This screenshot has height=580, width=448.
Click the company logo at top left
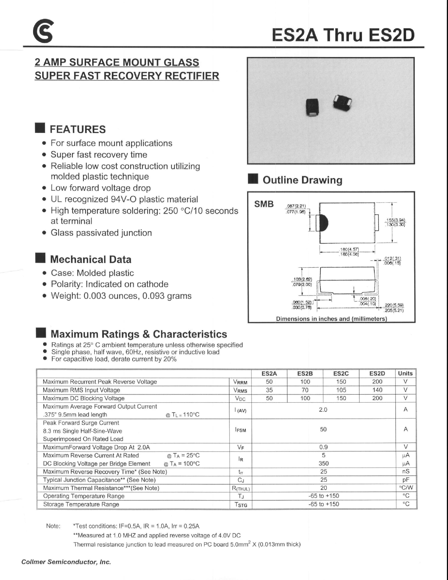click(x=43, y=31)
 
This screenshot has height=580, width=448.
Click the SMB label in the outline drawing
click(x=264, y=204)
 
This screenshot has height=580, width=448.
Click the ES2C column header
click(x=341, y=373)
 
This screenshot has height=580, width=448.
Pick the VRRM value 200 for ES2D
click(x=377, y=382)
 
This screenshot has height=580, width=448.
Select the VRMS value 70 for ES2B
click(x=305, y=390)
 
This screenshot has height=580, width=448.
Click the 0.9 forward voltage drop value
click(x=323, y=447)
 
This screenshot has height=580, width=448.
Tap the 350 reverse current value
click(x=323, y=463)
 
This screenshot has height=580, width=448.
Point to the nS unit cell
click(x=406, y=471)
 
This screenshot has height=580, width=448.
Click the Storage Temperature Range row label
click(x=81, y=504)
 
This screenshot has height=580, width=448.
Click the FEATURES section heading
click(x=78, y=129)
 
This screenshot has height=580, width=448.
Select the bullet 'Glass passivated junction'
click(x=101, y=233)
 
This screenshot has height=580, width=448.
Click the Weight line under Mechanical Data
click(x=121, y=296)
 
